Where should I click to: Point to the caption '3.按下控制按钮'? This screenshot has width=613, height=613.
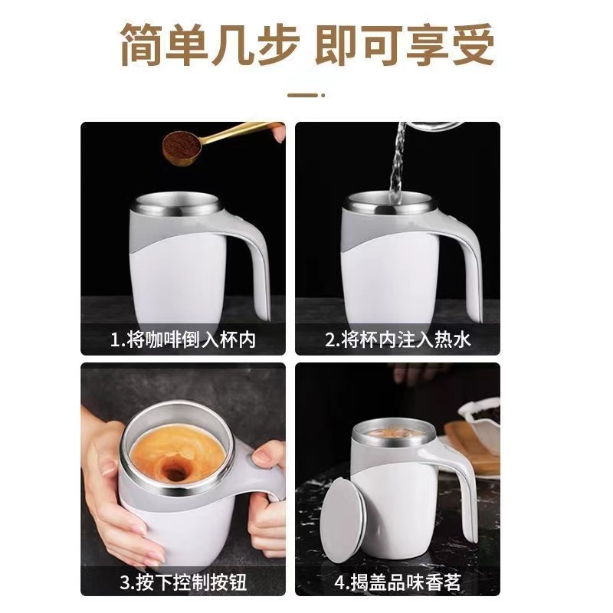(184, 582)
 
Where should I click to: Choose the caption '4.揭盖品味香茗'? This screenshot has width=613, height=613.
(397, 582)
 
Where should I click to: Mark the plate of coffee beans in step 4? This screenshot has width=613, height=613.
(479, 425)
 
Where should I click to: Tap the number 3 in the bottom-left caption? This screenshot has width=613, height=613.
(124, 583)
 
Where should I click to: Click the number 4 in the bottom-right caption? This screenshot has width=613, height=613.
(338, 583)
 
